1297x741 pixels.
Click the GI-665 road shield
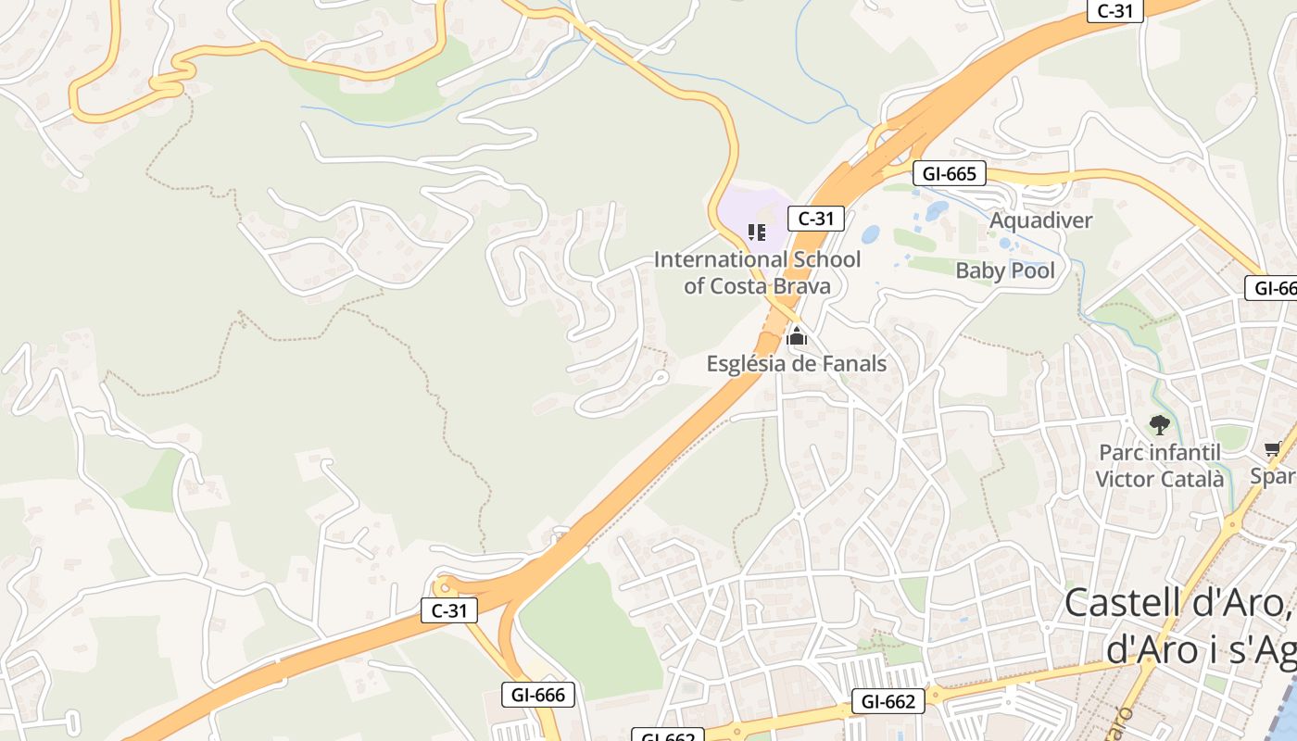[x=950, y=173]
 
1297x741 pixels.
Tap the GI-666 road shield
[x=538, y=695]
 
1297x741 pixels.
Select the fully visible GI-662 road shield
[x=888, y=702]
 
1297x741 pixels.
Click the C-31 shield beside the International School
[x=816, y=219]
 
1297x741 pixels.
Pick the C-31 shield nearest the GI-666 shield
[x=450, y=610]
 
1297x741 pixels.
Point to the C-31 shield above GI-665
[x=1115, y=11]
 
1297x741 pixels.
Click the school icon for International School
[x=757, y=232]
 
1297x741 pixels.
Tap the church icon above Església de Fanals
[x=796, y=337]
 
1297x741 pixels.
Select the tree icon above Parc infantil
[x=1159, y=425]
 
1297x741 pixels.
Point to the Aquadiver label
[x=1041, y=220]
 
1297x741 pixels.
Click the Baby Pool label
[x=1005, y=270]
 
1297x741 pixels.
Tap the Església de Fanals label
[x=797, y=364]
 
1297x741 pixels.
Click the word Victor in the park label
[x=1123, y=479]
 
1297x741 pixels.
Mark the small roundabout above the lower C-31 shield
[x=446, y=584]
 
